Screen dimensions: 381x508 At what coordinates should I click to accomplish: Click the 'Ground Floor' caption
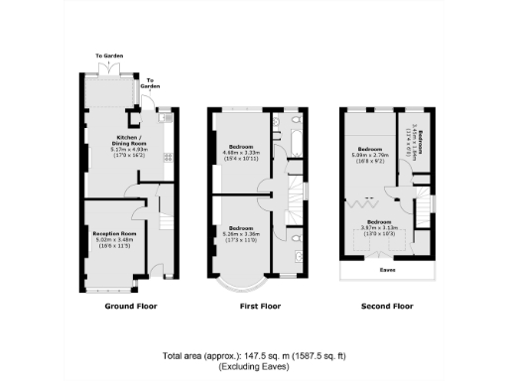click(x=131, y=307)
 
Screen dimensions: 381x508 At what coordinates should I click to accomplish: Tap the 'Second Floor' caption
click(x=388, y=307)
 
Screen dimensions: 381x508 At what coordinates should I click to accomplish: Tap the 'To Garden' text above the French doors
click(x=108, y=56)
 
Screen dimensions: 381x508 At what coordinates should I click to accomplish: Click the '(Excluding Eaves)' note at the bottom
click(x=255, y=367)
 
